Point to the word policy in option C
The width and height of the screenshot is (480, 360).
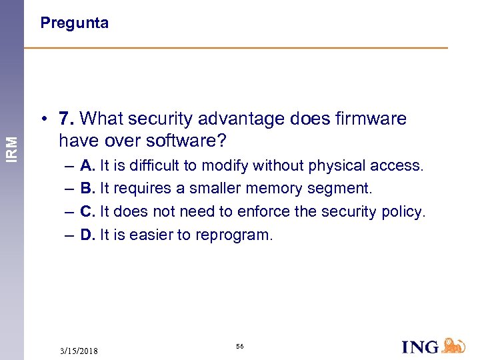[402, 212]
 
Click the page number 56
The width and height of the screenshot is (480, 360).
[239, 347]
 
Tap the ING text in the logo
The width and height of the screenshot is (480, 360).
[421, 347]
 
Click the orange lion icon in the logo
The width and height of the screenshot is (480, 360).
[454, 345]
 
